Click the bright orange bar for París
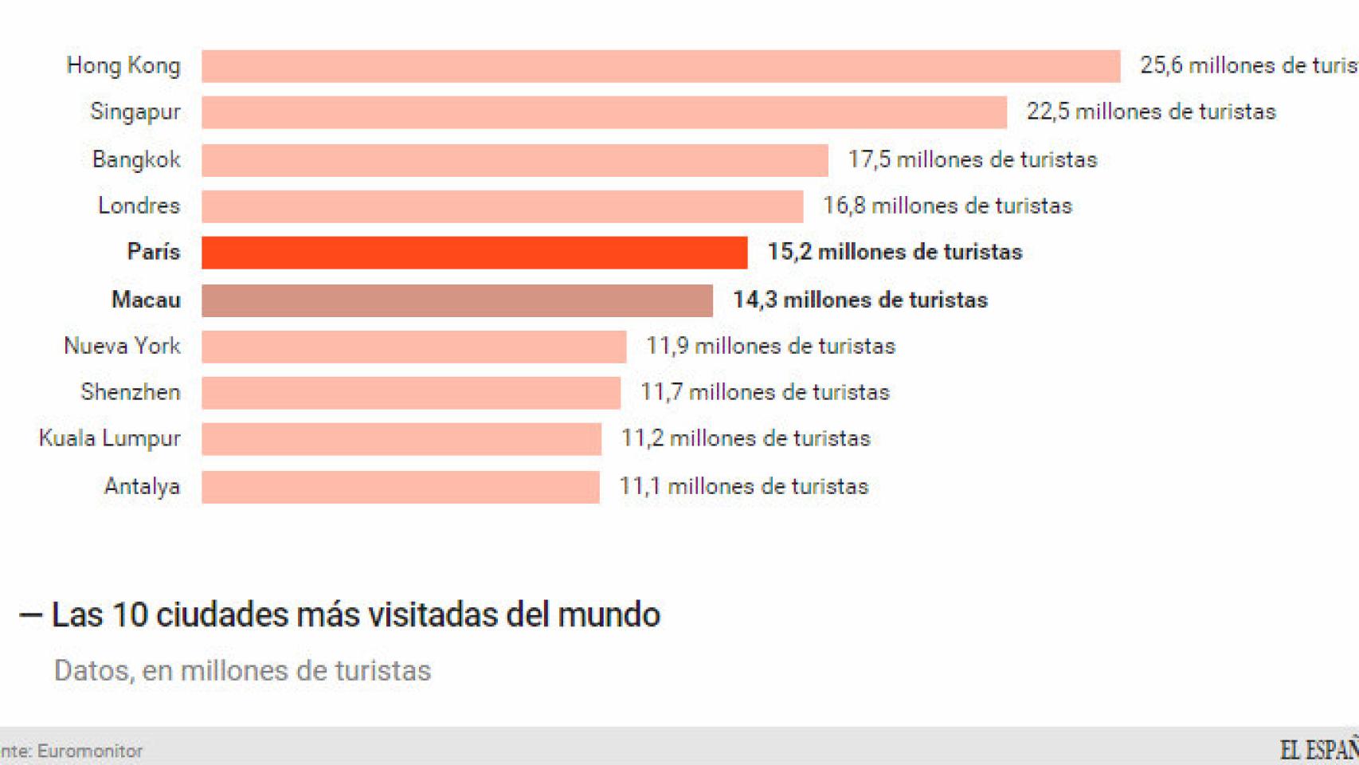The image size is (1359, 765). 474,253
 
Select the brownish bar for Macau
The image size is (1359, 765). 456,300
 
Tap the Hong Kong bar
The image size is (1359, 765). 660,66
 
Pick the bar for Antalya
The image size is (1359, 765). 400,487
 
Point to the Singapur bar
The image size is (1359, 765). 604,112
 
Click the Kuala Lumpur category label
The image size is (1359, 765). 110,439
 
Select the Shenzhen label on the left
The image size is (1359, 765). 131,392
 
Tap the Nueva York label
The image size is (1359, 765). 122,346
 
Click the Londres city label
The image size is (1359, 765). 139,206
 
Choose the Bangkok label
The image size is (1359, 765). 136,159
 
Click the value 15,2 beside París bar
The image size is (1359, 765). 789,252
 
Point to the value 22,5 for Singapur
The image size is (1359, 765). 1048,112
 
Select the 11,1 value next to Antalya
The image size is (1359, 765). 640,486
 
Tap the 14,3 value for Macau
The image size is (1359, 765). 754,300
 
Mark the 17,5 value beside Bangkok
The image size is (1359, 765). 869,159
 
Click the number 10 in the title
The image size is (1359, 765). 130,614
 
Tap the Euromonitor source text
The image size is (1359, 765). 89,751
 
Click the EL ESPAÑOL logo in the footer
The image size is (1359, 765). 1318,749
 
